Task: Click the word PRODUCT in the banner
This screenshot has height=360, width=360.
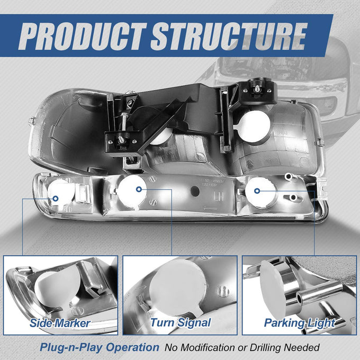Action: click(x=82, y=37)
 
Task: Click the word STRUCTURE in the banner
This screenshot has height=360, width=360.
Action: click(x=229, y=37)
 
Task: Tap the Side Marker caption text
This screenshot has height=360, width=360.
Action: click(x=60, y=323)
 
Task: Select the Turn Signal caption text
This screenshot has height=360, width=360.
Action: click(x=181, y=323)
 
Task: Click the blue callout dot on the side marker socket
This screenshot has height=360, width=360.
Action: click(x=56, y=199)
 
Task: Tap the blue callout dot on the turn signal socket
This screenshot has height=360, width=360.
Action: click(x=139, y=189)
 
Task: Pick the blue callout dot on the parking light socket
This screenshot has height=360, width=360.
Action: click(x=257, y=191)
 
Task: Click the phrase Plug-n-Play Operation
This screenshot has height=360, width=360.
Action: click(x=100, y=347)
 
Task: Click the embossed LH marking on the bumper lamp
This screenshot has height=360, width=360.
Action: click(x=219, y=196)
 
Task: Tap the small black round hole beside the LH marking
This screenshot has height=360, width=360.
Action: click(x=195, y=191)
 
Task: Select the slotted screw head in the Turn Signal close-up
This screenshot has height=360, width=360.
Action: click(x=223, y=291)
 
